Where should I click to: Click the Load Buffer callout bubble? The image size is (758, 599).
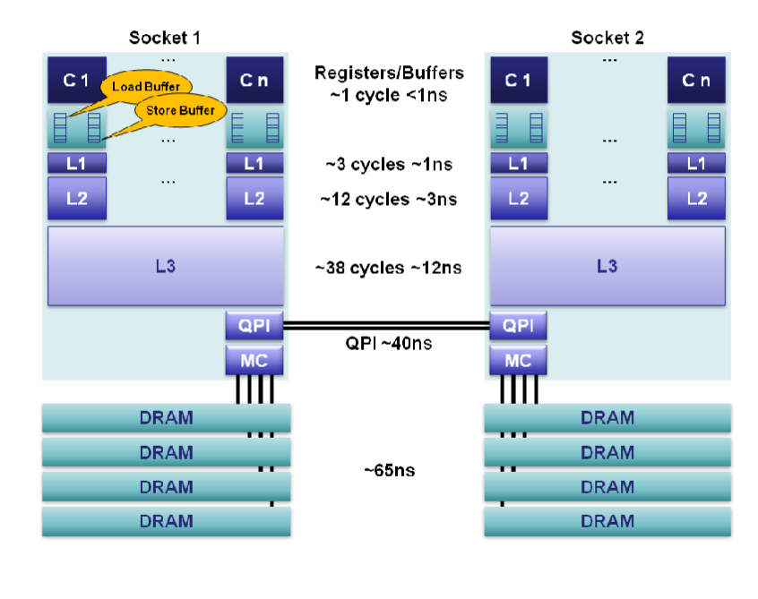146,87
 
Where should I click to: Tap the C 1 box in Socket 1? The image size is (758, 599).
77,80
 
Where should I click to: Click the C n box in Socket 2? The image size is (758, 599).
696,80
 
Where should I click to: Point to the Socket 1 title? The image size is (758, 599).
164,38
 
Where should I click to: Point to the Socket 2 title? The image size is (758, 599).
607,38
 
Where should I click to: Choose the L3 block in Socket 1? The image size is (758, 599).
165,266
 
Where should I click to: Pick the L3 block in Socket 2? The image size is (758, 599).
607,266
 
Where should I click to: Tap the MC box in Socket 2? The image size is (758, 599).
518,361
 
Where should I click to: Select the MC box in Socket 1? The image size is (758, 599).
254,361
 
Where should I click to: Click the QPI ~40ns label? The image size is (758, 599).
388,343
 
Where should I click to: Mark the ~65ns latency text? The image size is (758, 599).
388,470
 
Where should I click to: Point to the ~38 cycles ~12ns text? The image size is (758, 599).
388,267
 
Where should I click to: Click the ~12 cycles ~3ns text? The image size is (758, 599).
388,199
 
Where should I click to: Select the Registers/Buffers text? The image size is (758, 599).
388,73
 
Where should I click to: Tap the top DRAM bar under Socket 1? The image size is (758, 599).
166,418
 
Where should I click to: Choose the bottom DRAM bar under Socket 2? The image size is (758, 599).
607,521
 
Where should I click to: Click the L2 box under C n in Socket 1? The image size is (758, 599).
254,198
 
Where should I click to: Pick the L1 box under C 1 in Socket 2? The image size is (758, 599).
518,163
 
